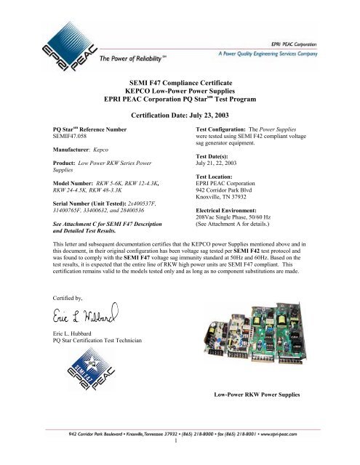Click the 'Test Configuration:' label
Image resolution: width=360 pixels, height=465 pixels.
219,126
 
